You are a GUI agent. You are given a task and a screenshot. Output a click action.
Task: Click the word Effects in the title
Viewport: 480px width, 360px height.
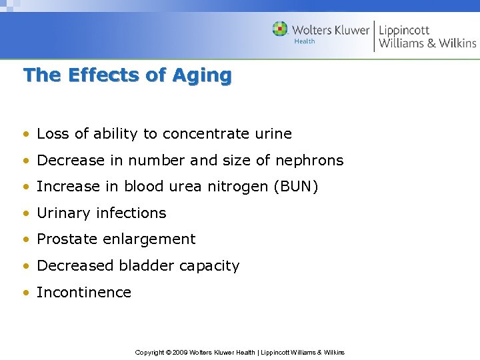[104, 75]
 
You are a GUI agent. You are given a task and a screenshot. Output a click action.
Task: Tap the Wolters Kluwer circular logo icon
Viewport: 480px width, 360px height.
[280, 29]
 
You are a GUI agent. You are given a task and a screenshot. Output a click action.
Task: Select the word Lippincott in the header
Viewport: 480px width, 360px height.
[404, 30]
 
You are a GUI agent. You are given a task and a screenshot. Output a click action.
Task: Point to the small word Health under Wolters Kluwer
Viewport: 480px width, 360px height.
[305, 41]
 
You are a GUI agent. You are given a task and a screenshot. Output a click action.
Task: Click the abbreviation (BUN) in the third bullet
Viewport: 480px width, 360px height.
[295, 187]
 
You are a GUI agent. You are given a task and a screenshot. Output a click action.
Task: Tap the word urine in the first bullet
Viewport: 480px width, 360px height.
[273, 134]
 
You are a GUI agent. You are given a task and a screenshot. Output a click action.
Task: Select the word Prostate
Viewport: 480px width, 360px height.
[64, 239]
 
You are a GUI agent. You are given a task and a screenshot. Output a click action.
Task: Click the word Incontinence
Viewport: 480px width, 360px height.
[84, 292]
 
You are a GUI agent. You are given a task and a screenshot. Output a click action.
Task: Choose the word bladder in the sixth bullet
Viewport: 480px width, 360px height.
[143, 265]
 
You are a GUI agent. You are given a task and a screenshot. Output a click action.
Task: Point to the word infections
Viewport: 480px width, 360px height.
[131, 213]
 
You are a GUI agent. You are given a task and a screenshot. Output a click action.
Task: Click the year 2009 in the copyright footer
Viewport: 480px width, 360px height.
[181, 352]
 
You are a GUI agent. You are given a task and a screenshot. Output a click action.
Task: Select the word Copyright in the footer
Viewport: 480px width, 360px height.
[149, 352]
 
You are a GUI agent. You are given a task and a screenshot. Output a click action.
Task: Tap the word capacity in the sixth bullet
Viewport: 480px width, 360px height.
[208, 266]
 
